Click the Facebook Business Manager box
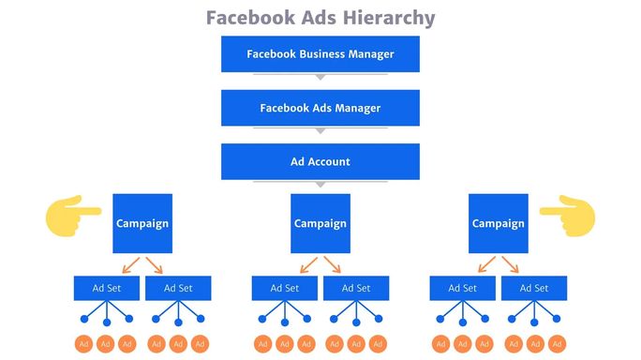point(320,54)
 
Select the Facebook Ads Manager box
point(320,108)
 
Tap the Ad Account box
point(320,161)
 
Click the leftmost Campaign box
point(142,223)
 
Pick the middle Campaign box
point(320,223)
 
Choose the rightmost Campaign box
point(499,223)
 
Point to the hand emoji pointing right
point(73,217)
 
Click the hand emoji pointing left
point(567,217)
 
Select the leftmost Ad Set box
point(107,288)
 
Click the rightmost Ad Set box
point(534,288)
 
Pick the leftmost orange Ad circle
point(84,345)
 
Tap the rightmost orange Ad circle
point(557,345)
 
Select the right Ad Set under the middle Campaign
point(356,288)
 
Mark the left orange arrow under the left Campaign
point(131,264)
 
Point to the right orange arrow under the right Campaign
point(510,264)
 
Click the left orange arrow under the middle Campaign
point(309,264)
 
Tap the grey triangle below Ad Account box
point(320,184)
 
